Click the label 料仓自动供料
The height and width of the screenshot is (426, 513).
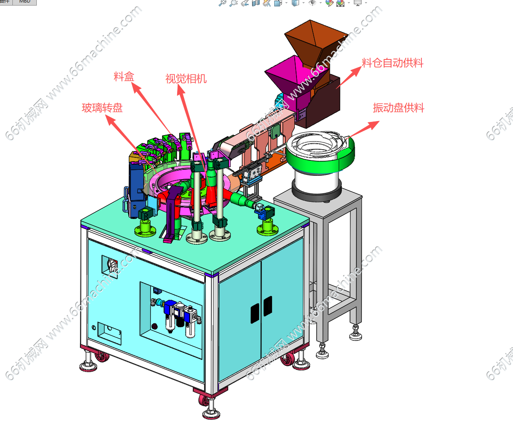coord(392,63)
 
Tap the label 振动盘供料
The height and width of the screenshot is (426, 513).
coord(398,108)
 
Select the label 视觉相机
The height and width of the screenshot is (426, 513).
coord(186,79)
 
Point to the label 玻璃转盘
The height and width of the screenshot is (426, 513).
coord(102,108)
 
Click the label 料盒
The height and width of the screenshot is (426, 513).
coord(124,77)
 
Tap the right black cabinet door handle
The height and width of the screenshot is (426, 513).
coord(268,306)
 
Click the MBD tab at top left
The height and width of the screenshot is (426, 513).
coord(25,2)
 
